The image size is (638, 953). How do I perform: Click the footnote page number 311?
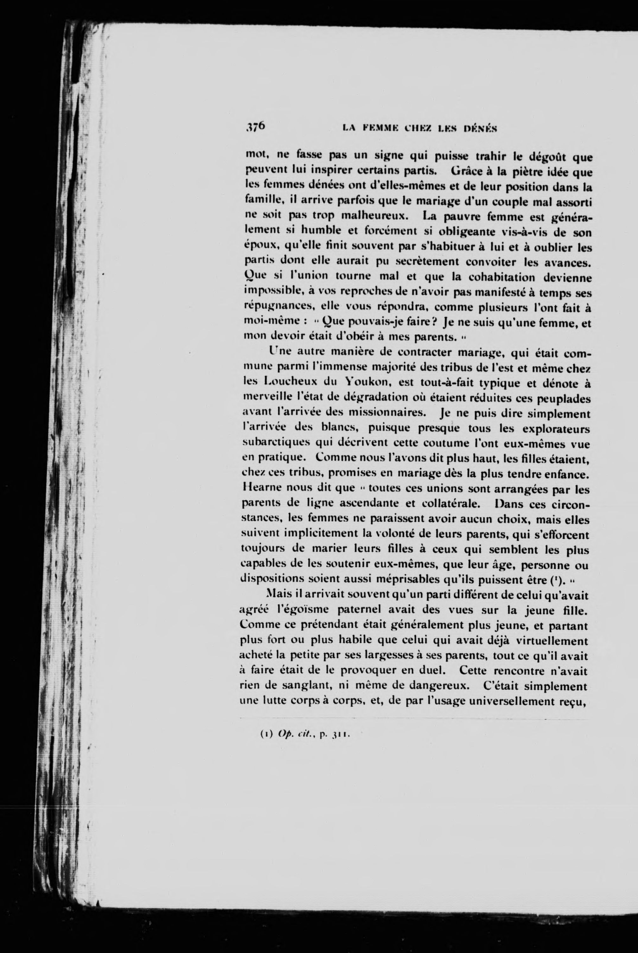click(339, 735)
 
